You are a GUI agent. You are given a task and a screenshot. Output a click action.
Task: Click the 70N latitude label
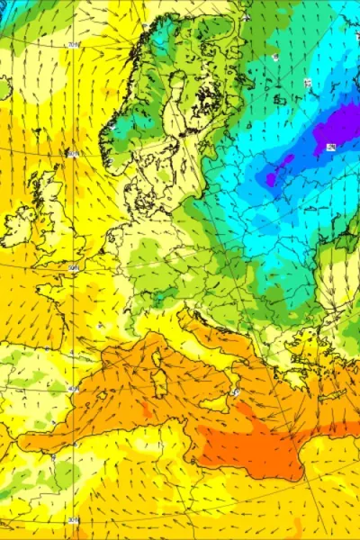click(73, 44)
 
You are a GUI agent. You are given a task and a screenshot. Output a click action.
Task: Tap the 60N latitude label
click(73, 154)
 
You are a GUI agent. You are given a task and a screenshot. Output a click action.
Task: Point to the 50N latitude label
click(72, 267)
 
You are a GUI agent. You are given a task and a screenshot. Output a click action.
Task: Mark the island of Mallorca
click(99, 397)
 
